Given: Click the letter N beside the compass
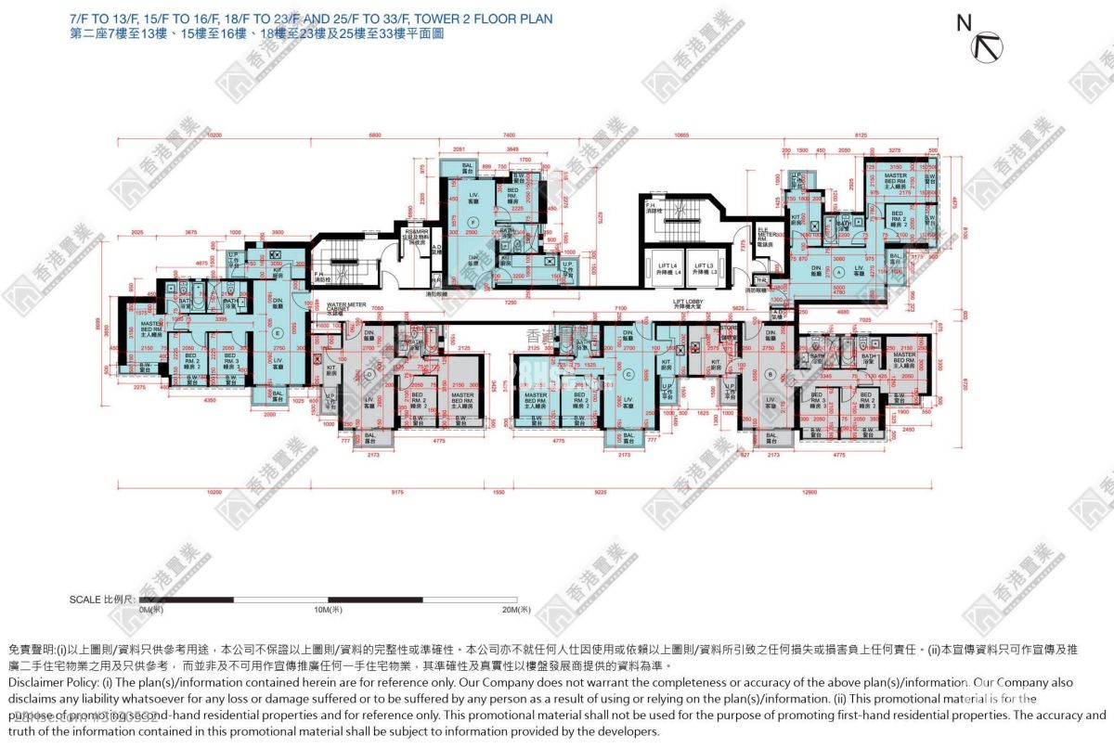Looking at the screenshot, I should pos(964,24).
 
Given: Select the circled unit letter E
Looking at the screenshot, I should pos(277,333).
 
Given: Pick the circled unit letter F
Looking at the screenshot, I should pos(473,223).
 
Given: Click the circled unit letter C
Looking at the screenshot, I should pos(628,374).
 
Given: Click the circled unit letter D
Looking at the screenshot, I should pos(369,374).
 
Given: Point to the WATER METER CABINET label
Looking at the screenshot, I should pos(343,307).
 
